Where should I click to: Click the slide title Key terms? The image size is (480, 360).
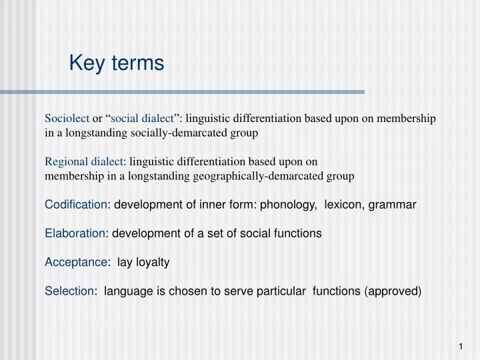pyautogui.click(x=116, y=63)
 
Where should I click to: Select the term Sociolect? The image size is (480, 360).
pyautogui.click(x=67, y=119)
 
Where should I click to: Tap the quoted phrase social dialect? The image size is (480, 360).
pyautogui.click(x=142, y=119)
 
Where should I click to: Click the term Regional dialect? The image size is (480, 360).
pyautogui.click(x=84, y=161)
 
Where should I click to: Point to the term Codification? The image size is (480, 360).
pyautogui.click(x=75, y=205)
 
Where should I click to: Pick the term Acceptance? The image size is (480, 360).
pyautogui.click(x=75, y=263)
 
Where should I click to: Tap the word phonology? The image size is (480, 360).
pyautogui.click(x=289, y=205)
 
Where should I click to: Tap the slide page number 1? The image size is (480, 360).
pyautogui.click(x=460, y=346)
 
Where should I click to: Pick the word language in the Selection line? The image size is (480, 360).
pyautogui.click(x=129, y=291)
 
